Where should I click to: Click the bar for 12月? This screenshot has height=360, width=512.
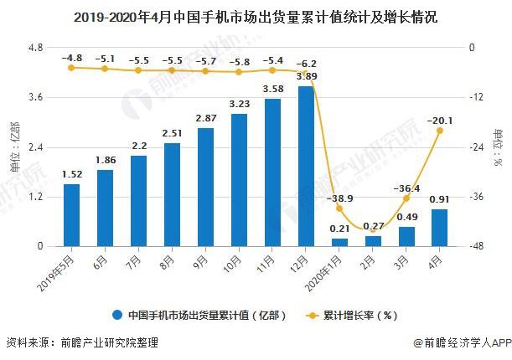[306, 166]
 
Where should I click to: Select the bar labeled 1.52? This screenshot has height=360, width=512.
[71, 215]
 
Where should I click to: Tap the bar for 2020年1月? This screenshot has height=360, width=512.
[339, 242]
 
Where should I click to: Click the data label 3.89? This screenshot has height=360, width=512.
[306, 76]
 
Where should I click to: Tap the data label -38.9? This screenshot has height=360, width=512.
[339, 198]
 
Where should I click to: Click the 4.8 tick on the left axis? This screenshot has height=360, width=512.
[35, 48]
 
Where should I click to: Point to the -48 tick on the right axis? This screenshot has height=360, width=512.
[474, 247]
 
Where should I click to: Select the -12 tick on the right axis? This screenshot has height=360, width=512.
[474, 98]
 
